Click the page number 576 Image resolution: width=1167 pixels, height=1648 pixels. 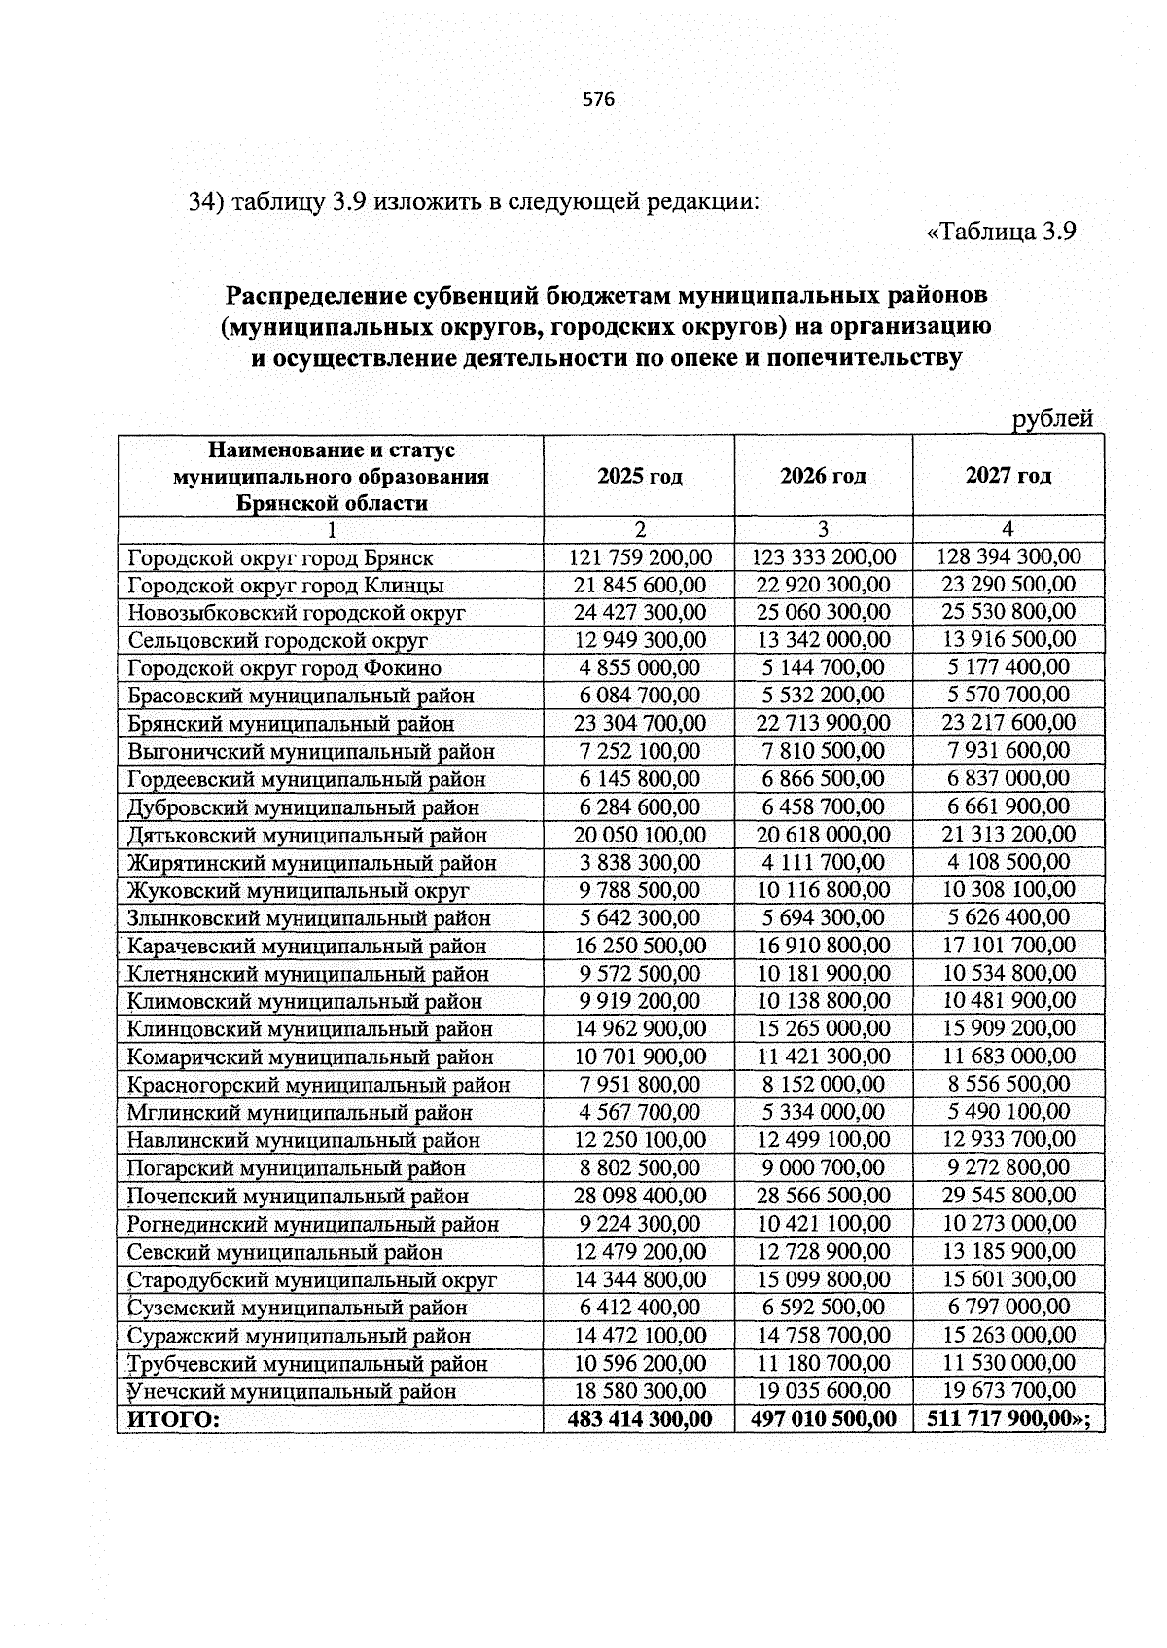tap(599, 99)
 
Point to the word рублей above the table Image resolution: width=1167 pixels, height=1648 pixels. tap(1053, 418)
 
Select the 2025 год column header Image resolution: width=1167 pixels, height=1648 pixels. tap(639, 476)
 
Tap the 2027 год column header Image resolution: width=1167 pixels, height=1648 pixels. tap(1008, 475)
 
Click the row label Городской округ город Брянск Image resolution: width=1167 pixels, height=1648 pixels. tap(280, 558)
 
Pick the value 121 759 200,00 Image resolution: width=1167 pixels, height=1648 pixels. tap(639, 557)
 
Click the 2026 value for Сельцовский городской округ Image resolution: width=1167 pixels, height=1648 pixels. tap(823, 640)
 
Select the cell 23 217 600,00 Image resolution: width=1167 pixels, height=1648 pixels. tap(1008, 723)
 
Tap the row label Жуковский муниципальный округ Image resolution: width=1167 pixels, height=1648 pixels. tap(298, 890)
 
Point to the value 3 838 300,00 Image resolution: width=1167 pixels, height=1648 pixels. tap(639, 862)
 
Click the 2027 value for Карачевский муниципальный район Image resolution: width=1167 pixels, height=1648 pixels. tap(1008, 945)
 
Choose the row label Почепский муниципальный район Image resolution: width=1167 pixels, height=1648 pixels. tap(298, 1196)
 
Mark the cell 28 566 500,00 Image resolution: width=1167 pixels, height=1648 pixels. tap(823, 1196)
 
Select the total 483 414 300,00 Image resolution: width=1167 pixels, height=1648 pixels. tap(639, 1419)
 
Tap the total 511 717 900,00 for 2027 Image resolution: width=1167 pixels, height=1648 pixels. tap(1002, 1418)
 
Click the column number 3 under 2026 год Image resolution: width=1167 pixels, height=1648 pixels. tap(823, 529)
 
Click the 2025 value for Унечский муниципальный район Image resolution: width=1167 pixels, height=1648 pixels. tap(639, 1391)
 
